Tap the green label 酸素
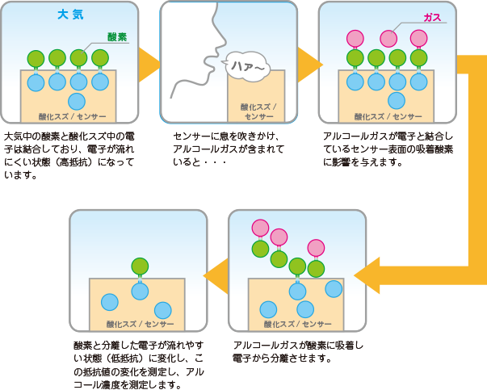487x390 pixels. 118,37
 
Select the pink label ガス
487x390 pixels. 433,18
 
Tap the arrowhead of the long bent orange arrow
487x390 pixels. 366,276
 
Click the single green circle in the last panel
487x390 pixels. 139,266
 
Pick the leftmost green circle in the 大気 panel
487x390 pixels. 36,59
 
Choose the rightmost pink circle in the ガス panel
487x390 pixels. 418,38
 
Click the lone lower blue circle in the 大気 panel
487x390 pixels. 77,101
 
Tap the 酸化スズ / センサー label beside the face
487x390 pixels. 258,111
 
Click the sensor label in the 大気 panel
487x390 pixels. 69,116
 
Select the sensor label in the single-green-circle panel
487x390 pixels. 139,324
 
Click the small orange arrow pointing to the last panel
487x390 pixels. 213,275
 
